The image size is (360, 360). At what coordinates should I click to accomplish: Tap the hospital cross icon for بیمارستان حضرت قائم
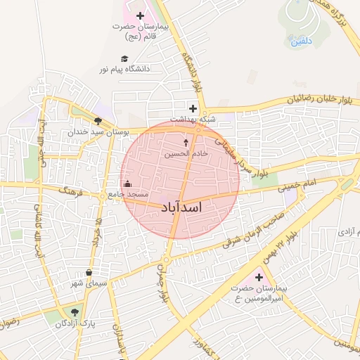140,15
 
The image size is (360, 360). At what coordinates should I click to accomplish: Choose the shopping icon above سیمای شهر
89,273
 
